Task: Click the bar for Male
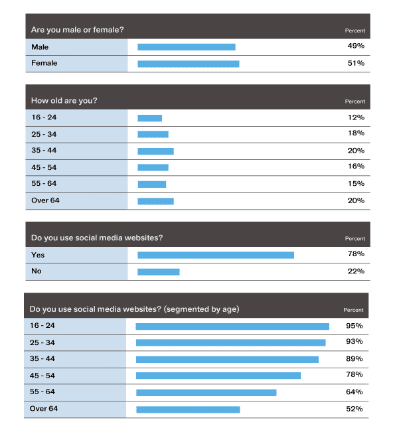click(x=187, y=47)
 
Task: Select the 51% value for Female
click(x=356, y=63)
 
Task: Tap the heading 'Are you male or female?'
click(x=78, y=30)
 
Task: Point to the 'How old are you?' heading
click(x=64, y=101)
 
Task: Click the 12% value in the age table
click(x=356, y=117)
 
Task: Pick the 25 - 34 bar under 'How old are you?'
click(x=153, y=135)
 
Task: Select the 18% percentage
click(x=356, y=133)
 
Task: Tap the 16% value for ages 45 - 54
click(x=356, y=166)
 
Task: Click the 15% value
click(x=356, y=184)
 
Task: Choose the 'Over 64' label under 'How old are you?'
click(x=45, y=200)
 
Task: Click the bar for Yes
click(x=216, y=255)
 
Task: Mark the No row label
click(x=36, y=271)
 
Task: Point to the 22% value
click(x=356, y=271)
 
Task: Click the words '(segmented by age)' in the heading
click(x=202, y=309)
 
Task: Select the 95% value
click(x=355, y=326)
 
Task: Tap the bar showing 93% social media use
click(x=231, y=342)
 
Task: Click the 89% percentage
click(x=355, y=359)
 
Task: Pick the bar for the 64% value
click(x=206, y=393)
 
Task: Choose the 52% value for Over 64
click(x=355, y=409)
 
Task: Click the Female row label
click(x=44, y=63)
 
